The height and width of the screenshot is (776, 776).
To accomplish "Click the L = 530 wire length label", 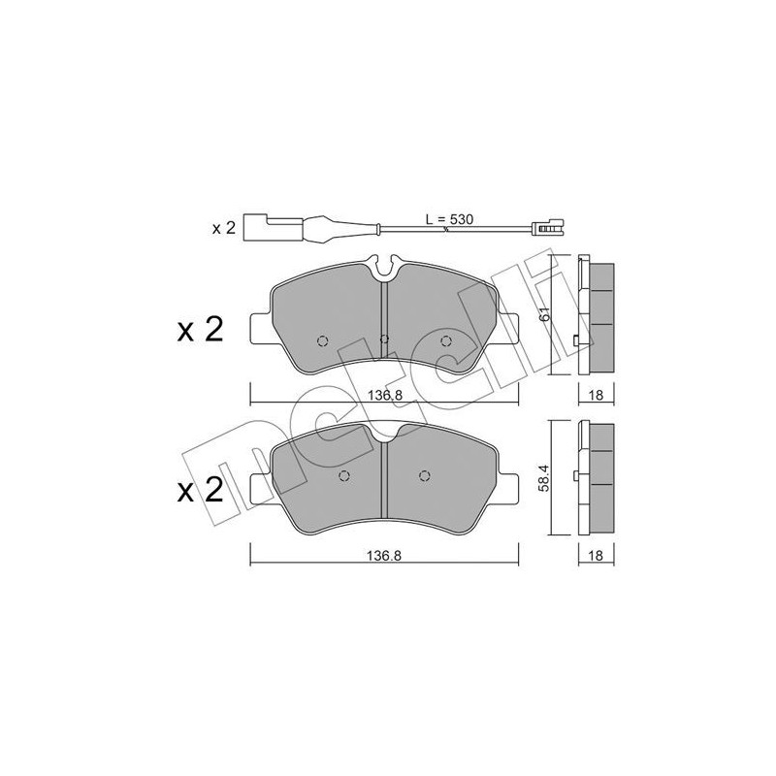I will point(449,220).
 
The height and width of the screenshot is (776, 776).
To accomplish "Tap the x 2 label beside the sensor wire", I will point(225,229).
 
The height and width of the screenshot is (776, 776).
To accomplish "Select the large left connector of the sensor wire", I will point(258,229).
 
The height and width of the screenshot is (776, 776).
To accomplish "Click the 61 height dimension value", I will point(545,313).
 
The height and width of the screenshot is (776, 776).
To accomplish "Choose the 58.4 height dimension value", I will point(545,477).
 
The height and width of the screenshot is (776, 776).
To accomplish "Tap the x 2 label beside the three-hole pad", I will point(200,331).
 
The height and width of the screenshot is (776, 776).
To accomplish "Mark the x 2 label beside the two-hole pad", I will point(200,490).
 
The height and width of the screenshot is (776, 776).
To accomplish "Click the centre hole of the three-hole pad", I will point(384,339).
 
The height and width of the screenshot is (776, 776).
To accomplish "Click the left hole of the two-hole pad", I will point(345,475).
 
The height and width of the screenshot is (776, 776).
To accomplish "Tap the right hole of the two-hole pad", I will point(423,475).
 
